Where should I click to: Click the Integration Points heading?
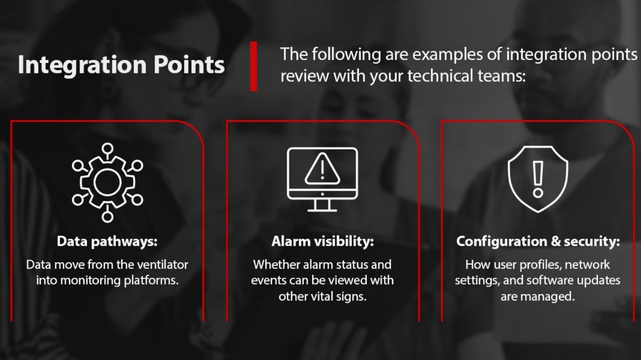coord(121,65)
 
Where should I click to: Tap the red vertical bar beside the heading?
coord(253,66)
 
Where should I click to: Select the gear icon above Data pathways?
coord(107,182)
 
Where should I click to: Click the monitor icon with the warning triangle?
coord(322,179)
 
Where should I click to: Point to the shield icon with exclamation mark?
coord(538,178)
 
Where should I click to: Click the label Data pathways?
coord(107,242)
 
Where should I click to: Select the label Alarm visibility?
coord(322,242)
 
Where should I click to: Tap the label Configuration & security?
coord(538,242)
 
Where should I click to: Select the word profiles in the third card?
coord(538,265)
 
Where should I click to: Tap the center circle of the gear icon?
coord(107,182)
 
